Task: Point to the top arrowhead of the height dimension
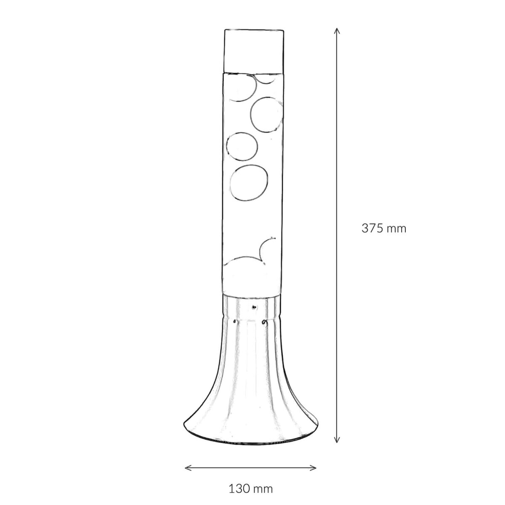point(337,30)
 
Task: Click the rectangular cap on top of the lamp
point(254,51)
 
